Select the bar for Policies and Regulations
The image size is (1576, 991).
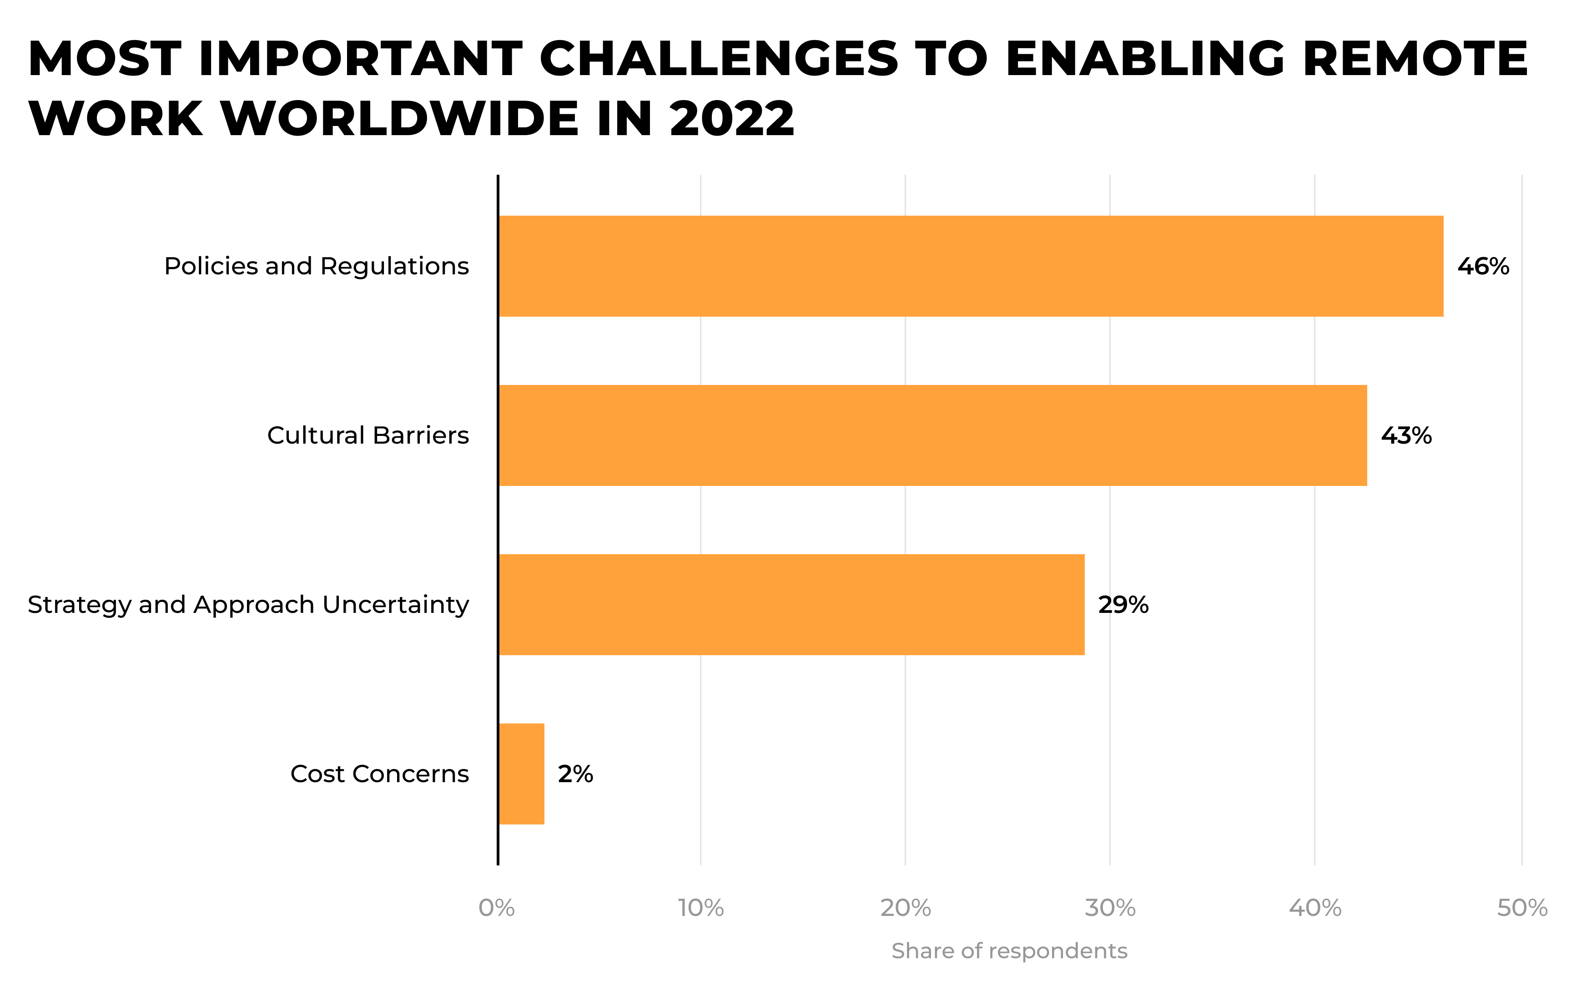tap(971, 266)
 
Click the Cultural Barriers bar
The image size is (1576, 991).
tap(933, 435)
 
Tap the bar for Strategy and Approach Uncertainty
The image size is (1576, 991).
tap(791, 604)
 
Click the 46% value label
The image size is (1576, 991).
tap(1483, 266)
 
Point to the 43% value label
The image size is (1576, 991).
tap(1406, 435)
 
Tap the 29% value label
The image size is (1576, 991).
tap(1123, 605)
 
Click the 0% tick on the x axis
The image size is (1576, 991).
tap(497, 908)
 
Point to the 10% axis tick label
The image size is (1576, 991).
tap(701, 908)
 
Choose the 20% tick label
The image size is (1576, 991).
tap(906, 908)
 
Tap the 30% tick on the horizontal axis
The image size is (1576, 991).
tap(1111, 908)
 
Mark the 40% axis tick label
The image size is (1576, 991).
tap(1315, 908)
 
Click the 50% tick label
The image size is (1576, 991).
tap(1522, 908)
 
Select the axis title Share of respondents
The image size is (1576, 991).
tap(1009, 951)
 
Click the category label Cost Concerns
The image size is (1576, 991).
tap(380, 774)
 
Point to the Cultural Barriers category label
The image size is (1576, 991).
tap(368, 435)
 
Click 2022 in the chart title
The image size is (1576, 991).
tap(732, 119)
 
